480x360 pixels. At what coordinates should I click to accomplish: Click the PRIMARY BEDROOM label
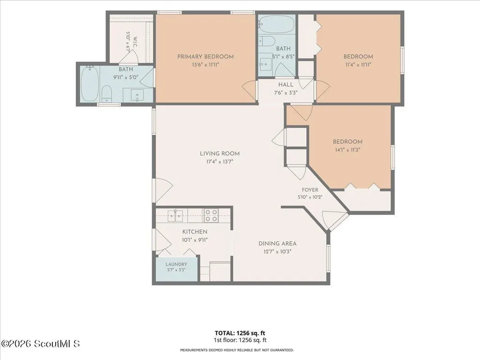[206, 57]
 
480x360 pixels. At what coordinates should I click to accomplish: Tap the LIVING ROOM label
[220, 154]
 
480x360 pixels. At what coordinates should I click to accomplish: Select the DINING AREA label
[277, 244]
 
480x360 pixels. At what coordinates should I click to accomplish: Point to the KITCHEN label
[195, 232]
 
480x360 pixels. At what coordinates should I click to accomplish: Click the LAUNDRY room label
[177, 264]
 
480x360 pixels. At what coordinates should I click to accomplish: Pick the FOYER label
[310, 190]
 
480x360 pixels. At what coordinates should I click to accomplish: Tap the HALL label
[286, 85]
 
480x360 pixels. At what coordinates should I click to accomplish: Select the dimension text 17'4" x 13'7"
[220, 162]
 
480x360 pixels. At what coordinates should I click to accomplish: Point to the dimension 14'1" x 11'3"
[347, 150]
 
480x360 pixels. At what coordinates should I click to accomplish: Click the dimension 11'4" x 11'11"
[358, 65]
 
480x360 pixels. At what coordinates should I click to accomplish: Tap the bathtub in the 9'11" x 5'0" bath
[90, 84]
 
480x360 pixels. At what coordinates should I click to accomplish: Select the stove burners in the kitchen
[211, 215]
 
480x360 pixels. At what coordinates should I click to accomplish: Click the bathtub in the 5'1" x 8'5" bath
[277, 24]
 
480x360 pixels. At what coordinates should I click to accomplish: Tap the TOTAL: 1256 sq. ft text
[240, 333]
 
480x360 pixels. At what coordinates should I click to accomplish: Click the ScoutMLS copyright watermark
[40, 344]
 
